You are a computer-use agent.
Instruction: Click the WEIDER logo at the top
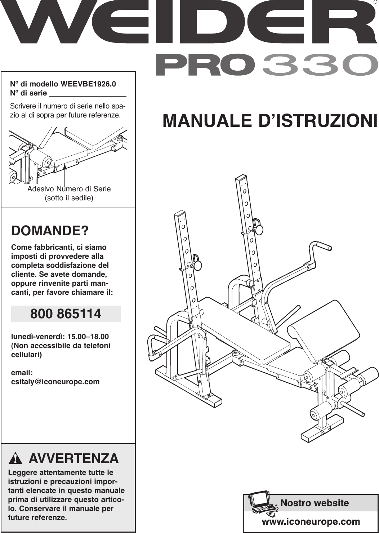pyautogui.click(x=187, y=22)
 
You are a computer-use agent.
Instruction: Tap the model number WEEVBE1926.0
pyautogui.click(x=88, y=84)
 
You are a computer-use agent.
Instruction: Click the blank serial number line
pyautogui.click(x=88, y=94)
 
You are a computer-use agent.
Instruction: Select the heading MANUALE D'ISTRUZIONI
pyautogui.click(x=270, y=121)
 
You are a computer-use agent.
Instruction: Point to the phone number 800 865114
pyautogui.click(x=66, y=314)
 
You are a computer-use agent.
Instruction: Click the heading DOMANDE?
pyautogui.click(x=50, y=231)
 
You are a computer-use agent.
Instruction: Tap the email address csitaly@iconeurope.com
pyautogui.click(x=55, y=382)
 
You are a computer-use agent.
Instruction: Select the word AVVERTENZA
pyautogui.click(x=73, y=458)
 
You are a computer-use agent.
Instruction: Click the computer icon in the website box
pyautogui.click(x=262, y=502)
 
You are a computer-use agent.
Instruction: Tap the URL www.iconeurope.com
pyautogui.click(x=311, y=521)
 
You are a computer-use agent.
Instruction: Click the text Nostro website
pyautogui.click(x=314, y=503)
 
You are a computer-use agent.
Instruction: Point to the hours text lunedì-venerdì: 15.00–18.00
pyautogui.click(x=60, y=337)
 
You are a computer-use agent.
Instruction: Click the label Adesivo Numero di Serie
pyautogui.click(x=69, y=189)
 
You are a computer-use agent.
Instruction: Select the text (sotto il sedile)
pyautogui.click(x=69, y=198)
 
